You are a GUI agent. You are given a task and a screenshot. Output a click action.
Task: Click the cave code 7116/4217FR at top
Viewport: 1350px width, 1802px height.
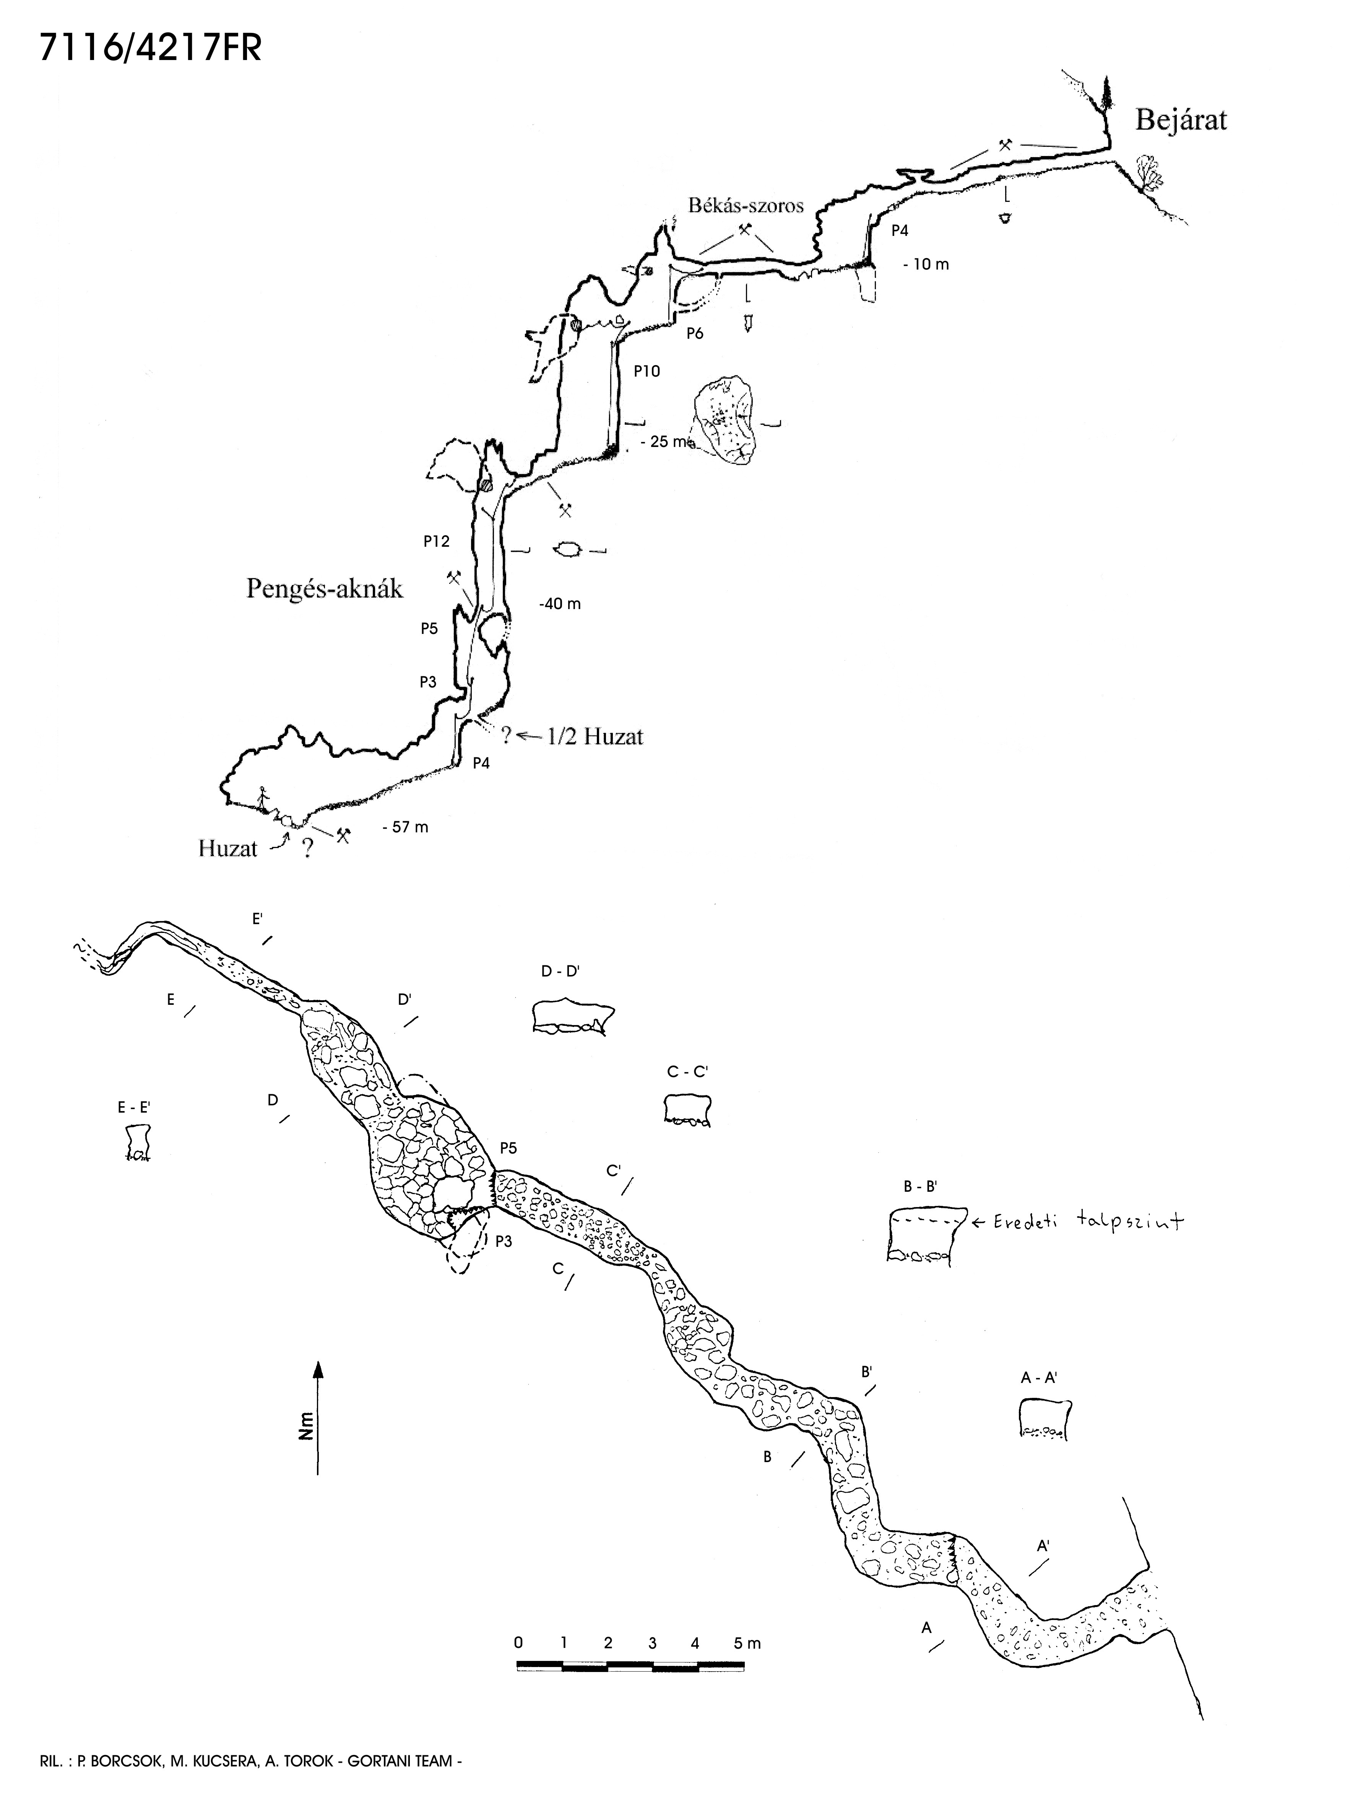pyautogui.click(x=150, y=50)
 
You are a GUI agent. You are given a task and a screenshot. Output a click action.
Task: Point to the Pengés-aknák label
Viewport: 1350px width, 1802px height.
pyautogui.click(x=324, y=589)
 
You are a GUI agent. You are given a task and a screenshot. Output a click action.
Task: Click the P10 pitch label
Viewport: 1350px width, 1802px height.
pyautogui.click(x=647, y=372)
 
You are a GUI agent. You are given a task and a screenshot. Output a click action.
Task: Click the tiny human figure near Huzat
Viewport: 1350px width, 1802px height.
pyautogui.click(x=262, y=799)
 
